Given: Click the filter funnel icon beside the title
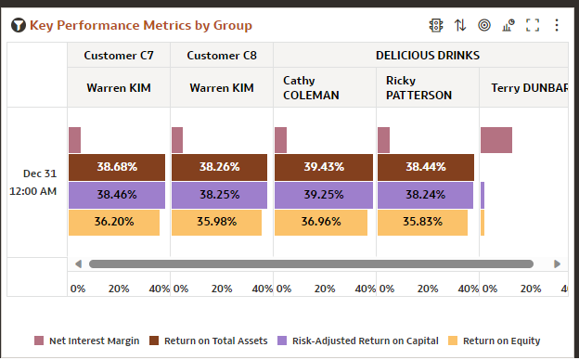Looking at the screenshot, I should [x=18, y=25].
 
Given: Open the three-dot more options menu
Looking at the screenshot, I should [x=557, y=25].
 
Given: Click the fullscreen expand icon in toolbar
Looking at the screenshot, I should [x=533, y=25].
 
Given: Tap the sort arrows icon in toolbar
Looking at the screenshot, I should [x=460, y=25].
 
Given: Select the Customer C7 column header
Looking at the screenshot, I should [x=119, y=55].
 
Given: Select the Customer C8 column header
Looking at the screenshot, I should [x=222, y=55].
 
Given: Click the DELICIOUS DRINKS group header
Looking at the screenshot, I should [x=427, y=55].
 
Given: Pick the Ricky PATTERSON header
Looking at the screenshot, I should [x=418, y=88].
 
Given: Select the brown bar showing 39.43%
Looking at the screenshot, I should [x=323, y=167].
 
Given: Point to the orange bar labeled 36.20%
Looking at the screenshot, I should [x=114, y=223].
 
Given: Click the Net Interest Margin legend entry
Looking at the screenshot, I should [x=86, y=341].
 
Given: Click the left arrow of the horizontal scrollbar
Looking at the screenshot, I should [x=79, y=264].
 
